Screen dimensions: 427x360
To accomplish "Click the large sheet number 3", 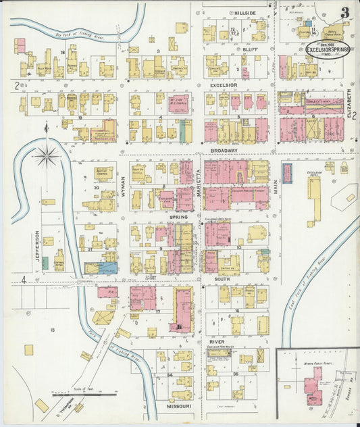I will coord(344,13).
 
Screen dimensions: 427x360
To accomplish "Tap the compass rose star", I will coord(47,156).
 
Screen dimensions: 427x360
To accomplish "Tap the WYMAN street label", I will coord(123,182).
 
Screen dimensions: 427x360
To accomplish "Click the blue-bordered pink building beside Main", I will coord(286,172).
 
